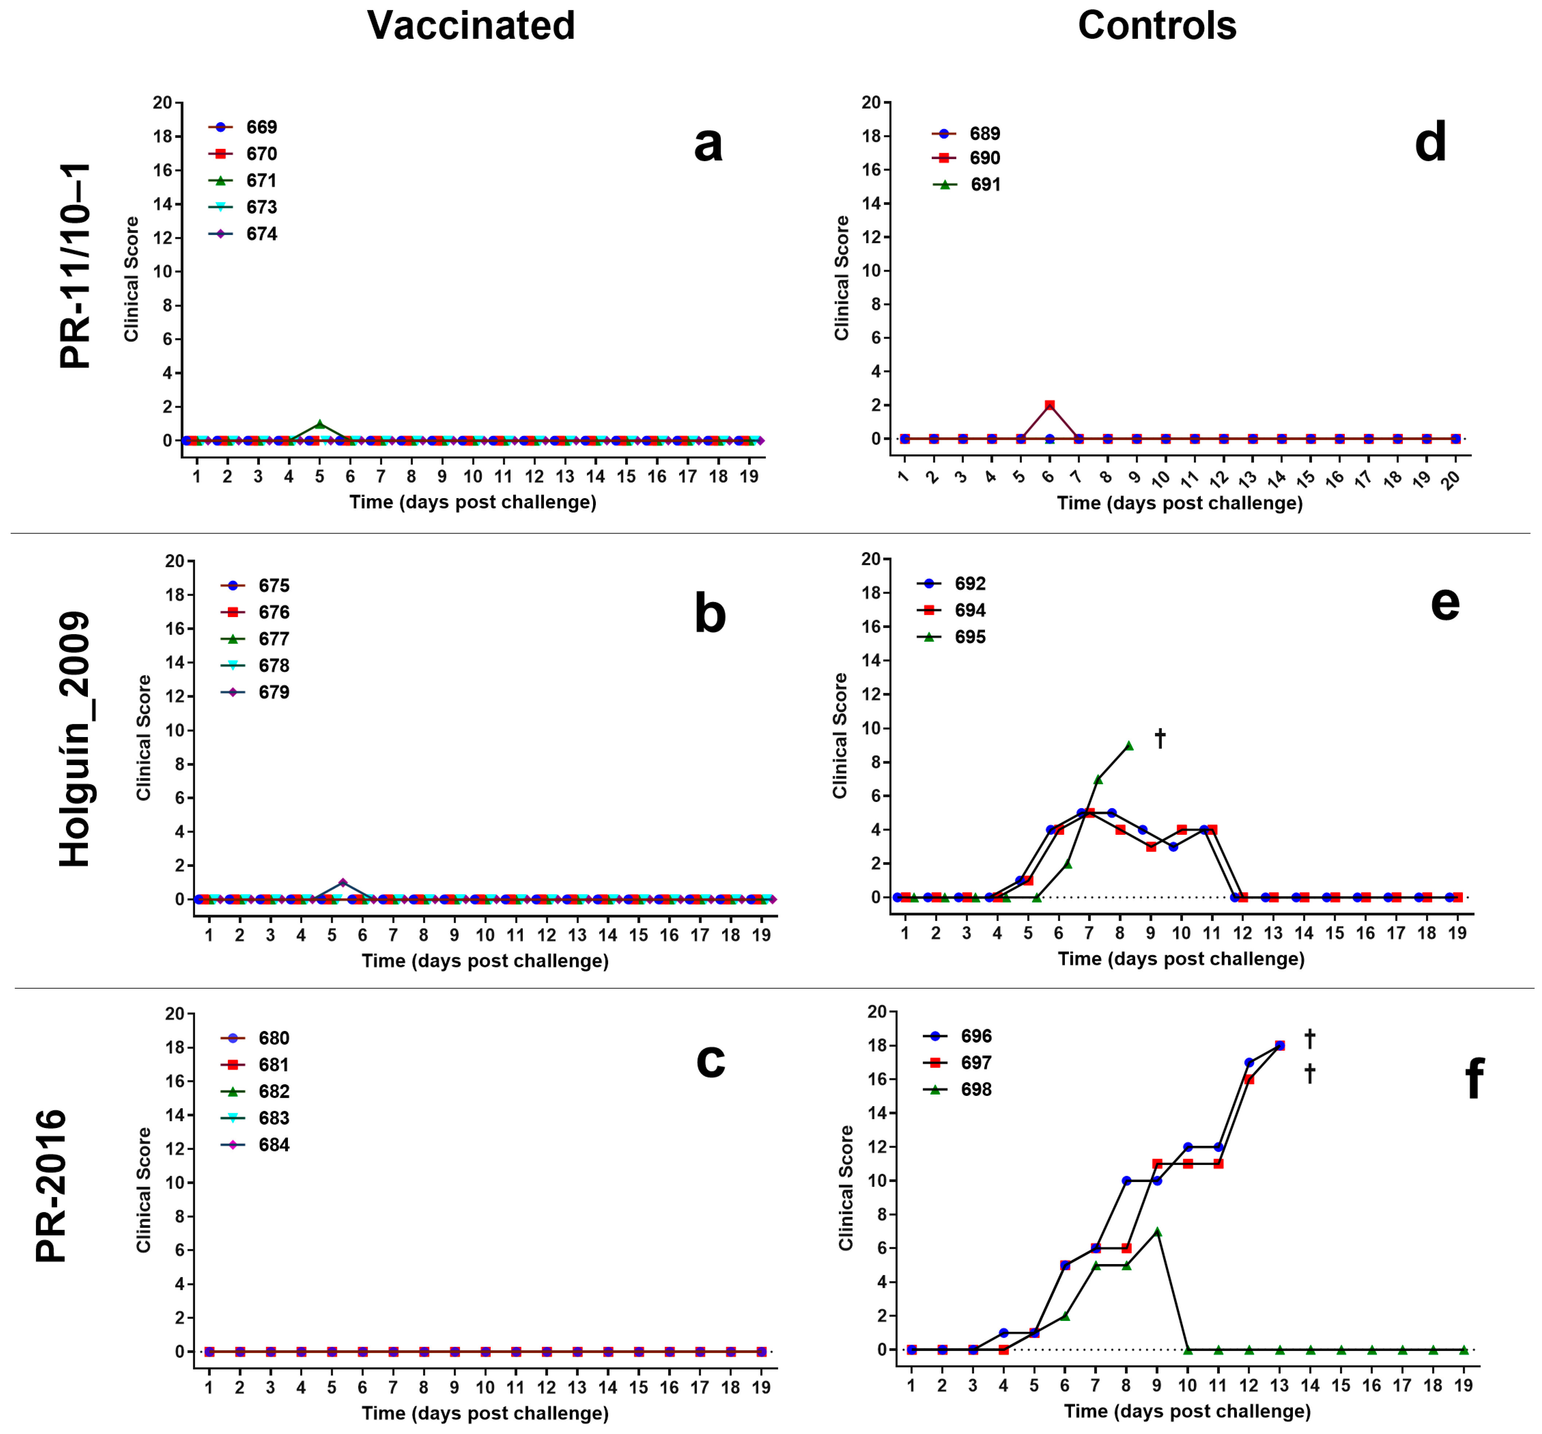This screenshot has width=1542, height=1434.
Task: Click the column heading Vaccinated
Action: point(471,26)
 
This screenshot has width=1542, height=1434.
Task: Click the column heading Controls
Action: point(1156,26)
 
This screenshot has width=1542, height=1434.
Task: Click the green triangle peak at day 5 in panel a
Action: point(320,424)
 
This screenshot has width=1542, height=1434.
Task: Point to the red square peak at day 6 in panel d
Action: point(1050,405)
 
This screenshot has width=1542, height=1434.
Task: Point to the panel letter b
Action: point(710,613)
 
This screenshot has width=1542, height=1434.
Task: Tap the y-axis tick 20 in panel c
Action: point(175,1014)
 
